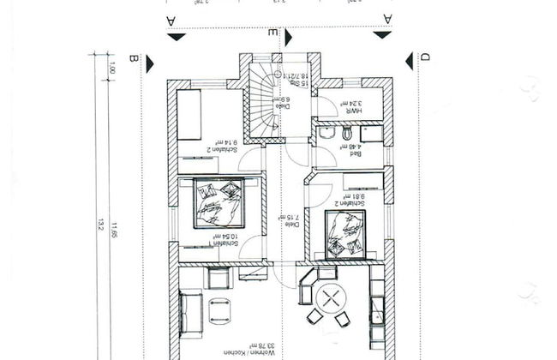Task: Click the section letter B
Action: click(133, 58)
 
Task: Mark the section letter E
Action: click(273, 33)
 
